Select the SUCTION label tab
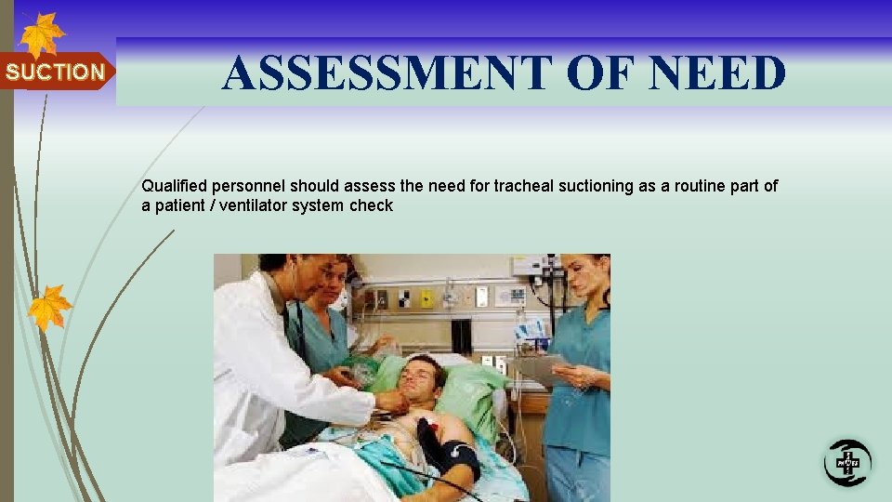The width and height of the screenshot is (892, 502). [56, 72]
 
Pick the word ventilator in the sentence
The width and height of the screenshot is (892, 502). [251, 205]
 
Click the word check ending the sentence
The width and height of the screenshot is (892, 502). [372, 205]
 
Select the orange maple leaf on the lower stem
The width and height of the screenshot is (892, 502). [49, 307]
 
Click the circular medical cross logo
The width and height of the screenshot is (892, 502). [847, 462]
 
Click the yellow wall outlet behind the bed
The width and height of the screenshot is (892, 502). [426, 298]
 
